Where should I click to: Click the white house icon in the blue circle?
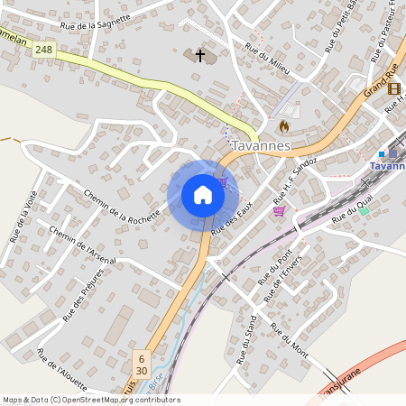[202, 195]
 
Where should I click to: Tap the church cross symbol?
[199, 56]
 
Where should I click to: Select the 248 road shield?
[43, 51]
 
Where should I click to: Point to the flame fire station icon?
[285, 125]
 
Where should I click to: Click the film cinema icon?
[394, 88]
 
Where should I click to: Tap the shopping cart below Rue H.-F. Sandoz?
[279, 211]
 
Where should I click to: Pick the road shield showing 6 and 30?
[141, 364]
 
